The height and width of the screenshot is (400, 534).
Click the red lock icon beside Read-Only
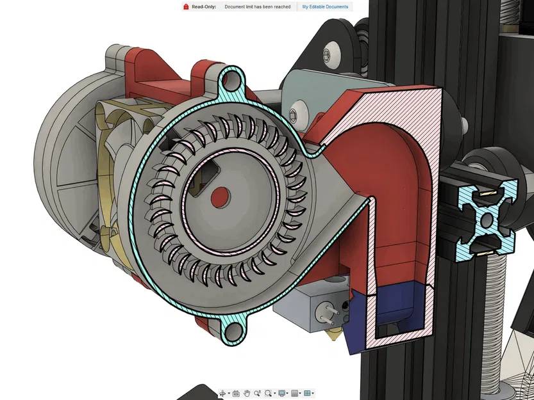pos(186,6)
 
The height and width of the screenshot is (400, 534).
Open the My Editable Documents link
pos(325,6)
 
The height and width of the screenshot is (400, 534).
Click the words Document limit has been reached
pos(257,6)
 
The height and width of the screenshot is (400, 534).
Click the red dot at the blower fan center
pos(219,194)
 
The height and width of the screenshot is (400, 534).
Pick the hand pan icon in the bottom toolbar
pos(246,393)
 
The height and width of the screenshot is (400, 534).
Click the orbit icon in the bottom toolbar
pos(222,393)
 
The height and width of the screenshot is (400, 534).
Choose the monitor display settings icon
pos(281,393)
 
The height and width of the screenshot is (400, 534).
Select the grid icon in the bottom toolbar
pos(295,393)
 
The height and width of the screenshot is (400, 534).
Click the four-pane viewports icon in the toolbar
pos(308,393)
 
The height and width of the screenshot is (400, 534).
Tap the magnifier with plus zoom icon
pos(257,393)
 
